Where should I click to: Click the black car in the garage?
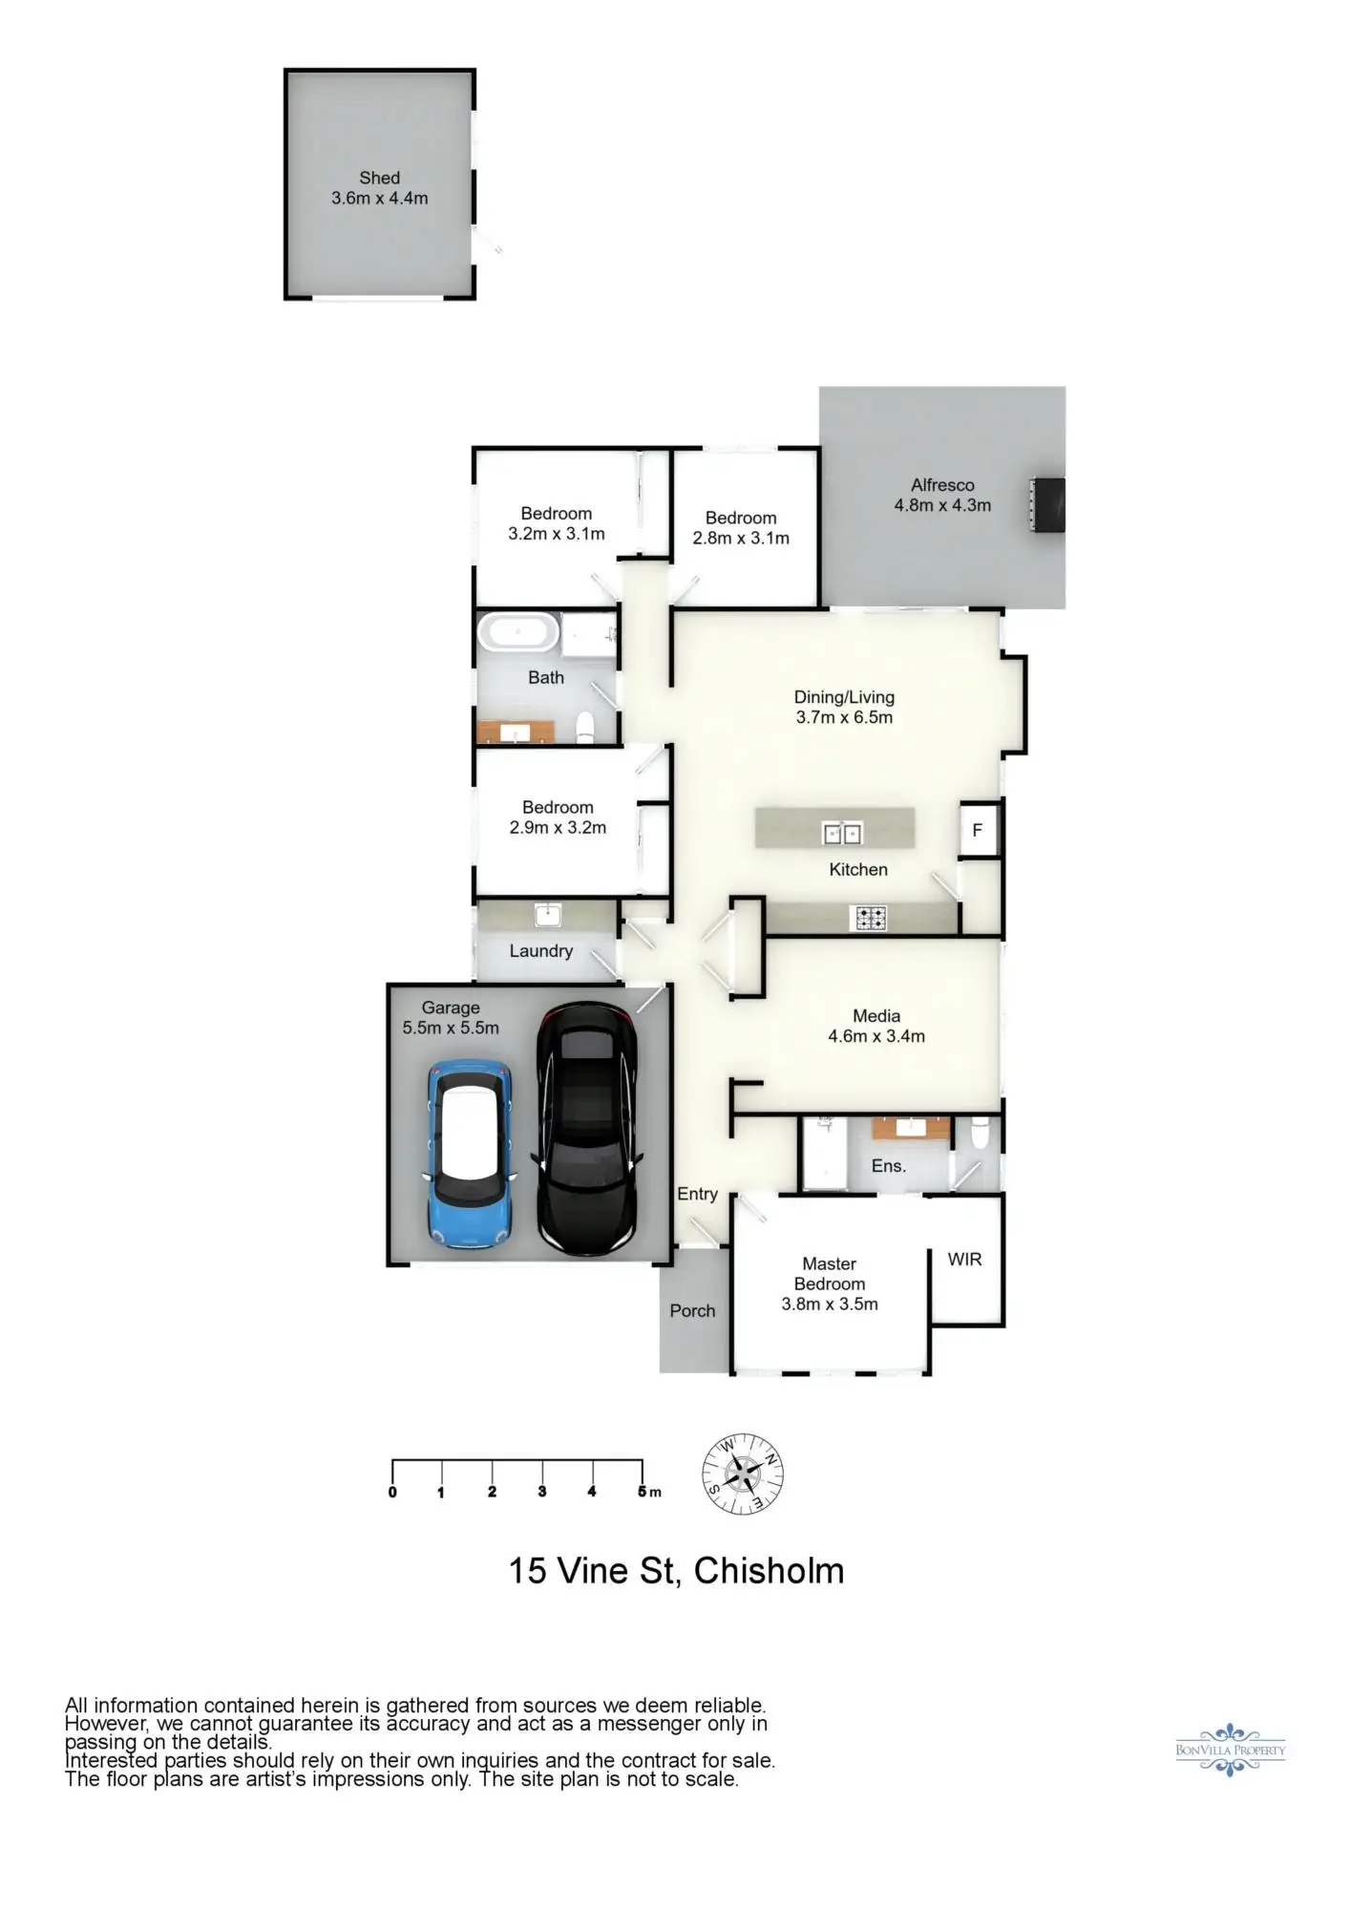tap(586, 1129)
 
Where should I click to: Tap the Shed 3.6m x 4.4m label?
tap(379, 188)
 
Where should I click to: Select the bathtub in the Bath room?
tap(517, 633)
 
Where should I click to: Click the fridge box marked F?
tap(977, 830)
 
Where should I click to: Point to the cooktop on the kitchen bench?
tap(870, 919)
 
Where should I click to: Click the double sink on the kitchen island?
tap(842, 834)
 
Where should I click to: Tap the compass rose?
tap(743, 1474)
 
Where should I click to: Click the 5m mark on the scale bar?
tap(643, 1491)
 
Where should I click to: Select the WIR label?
tap(964, 1260)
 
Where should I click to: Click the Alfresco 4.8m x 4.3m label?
tap(942, 496)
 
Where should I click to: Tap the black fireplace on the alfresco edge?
tap(1048, 504)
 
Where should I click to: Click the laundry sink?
tap(547, 915)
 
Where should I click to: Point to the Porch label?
tap(692, 1311)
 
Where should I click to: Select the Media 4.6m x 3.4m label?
tap(876, 1027)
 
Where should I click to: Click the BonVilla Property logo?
tap(1230, 1750)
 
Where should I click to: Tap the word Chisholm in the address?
tap(769, 1571)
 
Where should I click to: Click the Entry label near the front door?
tap(697, 1194)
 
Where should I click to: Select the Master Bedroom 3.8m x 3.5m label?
tap(829, 1284)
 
